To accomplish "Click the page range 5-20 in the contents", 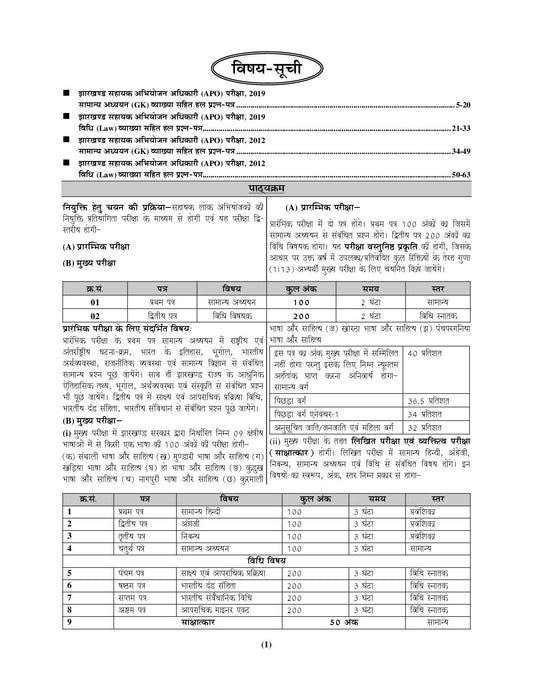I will pos(500,103).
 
